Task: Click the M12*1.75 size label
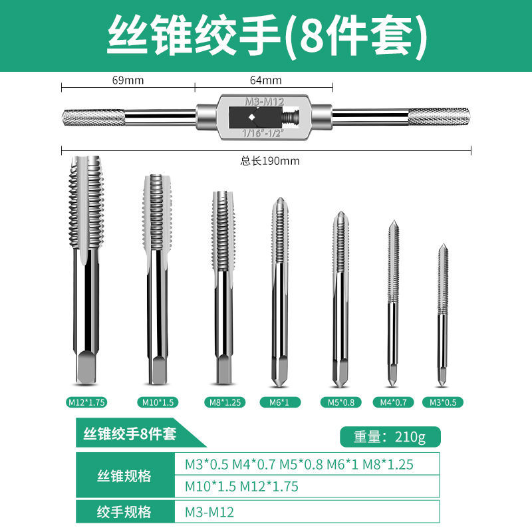[87, 402]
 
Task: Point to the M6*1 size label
[279, 402]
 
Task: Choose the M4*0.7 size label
[392, 402]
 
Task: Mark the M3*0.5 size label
[443, 402]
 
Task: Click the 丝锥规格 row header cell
[126, 476]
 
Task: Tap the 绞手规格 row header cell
[126, 512]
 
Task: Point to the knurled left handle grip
[93, 120]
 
